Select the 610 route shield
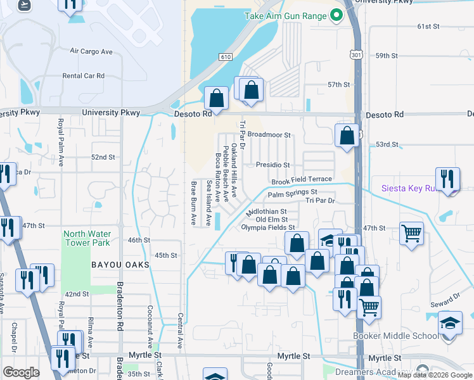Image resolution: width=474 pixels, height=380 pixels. click(226, 57)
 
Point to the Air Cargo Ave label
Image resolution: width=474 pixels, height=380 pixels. click(91, 51)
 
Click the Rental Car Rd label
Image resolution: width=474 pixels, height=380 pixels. click(83, 75)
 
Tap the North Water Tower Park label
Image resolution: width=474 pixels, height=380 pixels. click(87, 238)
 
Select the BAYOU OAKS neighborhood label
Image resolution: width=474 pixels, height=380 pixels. click(120, 264)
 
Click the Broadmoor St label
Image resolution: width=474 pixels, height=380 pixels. click(269, 135)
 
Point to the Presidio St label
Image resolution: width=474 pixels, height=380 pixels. click(272, 165)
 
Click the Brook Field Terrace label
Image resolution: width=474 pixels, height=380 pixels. click(302, 180)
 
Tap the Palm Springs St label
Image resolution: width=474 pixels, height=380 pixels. click(292, 192)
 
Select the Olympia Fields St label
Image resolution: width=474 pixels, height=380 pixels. click(268, 227)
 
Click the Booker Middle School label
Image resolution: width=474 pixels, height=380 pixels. click(396, 336)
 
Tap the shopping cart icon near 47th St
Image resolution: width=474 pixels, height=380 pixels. click(412, 234)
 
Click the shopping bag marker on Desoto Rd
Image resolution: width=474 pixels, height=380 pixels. click(217, 98)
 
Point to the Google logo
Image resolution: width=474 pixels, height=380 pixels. click(21, 372)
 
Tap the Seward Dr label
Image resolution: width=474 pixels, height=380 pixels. click(448, 298)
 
